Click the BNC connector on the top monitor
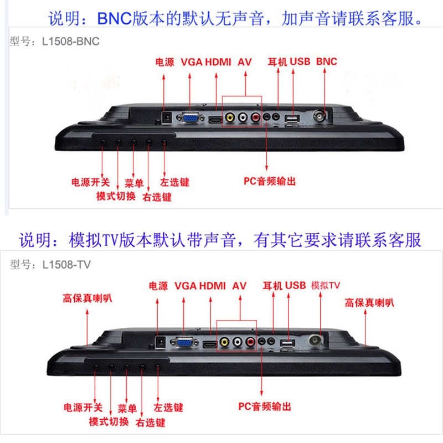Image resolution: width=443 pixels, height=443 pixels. [x=320, y=116]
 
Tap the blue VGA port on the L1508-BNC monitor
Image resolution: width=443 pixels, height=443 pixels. [x=191, y=117]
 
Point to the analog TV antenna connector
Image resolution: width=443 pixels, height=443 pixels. [x=316, y=341]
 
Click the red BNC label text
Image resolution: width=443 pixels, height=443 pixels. [x=327, y=61]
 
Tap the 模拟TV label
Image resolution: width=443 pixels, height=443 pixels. [x=326, y=285]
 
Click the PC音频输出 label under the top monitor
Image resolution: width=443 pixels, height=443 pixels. [x=270, y=181]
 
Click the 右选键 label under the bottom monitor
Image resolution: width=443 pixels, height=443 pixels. [x=150, y=423]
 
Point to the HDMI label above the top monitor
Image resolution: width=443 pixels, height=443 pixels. [x=218, y=61]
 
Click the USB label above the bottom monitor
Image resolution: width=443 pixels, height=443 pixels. [x=295, y=285]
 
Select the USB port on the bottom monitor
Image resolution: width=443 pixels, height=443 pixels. [x=287, y=343]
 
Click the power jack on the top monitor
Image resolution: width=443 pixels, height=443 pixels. [x=166, y=117]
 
